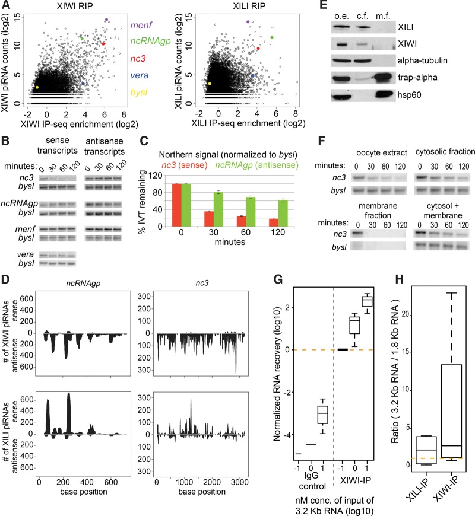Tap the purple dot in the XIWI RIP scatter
107,20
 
